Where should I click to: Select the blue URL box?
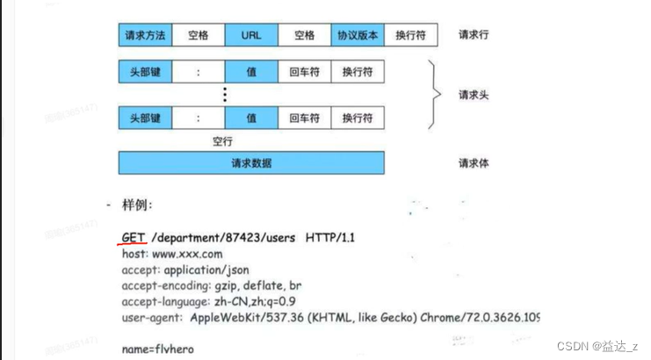(x=251, y=35)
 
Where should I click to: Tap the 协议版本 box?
(x=358, y=35)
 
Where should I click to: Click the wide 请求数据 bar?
(x=251, y=163)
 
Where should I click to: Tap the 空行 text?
(x=223, y=140)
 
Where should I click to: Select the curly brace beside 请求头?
(x=437, y=94)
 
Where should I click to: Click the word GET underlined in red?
(x=132, y=238)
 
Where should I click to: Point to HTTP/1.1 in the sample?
(x=330, y=238)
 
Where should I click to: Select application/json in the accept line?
(x=205, y=270)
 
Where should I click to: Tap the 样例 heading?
(x=137, y=205)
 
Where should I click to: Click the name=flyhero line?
(x=158, y=349)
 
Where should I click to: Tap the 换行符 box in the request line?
(x=410, y=35)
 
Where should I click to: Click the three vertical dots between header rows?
(x=225, y=94)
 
